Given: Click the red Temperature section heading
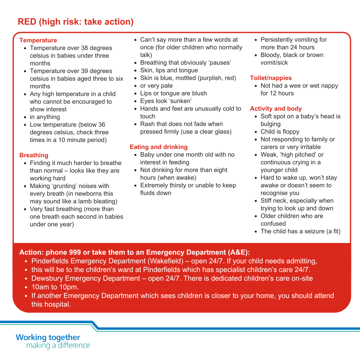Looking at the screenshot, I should [x=38, y=40].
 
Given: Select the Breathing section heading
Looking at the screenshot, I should [x=34, y=155].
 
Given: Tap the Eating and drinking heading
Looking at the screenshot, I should [x=159, y=147].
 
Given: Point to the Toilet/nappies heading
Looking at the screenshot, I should [x=271, y=78].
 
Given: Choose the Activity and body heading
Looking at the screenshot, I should [x=276, y=109].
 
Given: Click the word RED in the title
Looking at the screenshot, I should [x=27, y=22].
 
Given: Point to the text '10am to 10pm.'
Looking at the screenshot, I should [x=55, y=287].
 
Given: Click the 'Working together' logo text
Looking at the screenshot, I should [x=48, y=337].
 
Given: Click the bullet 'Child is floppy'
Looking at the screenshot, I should [x=280, y=132].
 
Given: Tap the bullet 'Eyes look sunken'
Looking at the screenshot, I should [x=166, y=101].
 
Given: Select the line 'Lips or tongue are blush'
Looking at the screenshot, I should [x=173, y=93].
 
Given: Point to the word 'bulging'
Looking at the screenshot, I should [x=271, y=124].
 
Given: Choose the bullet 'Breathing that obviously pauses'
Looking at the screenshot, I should [x=185, y=63].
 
